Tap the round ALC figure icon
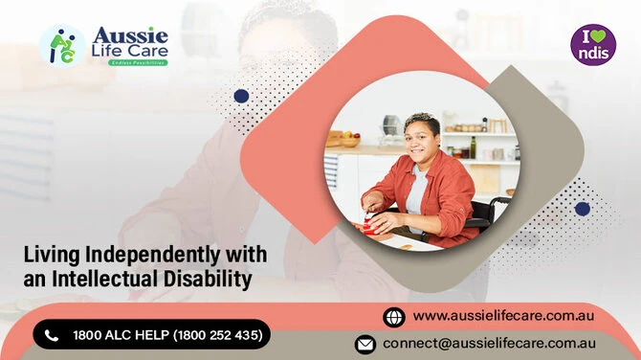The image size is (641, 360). click(61, 45)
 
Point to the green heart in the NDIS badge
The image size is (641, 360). click(599, 37)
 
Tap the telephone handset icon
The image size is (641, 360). click(52, 334)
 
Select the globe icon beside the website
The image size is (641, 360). click(393, 316)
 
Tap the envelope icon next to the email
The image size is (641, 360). click(365, 344)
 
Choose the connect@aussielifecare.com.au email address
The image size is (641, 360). click(490, 343)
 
